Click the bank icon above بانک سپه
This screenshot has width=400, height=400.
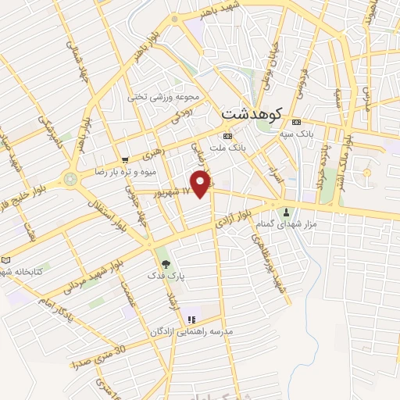[x=296, y=122]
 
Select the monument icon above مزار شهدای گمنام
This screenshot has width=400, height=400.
[x=286, y=212]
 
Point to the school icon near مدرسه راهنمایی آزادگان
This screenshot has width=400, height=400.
[x=190, y=320]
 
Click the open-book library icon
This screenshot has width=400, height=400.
[x=7, y=259]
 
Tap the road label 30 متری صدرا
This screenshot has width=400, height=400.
[x=97, y=358]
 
